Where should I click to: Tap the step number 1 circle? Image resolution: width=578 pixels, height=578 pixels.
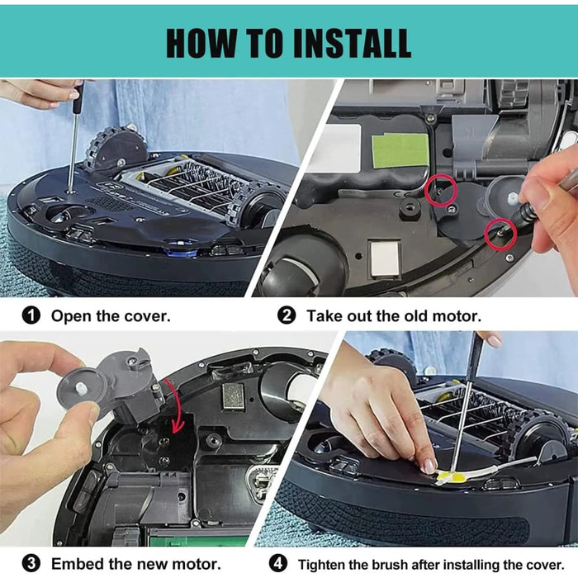[31, 316]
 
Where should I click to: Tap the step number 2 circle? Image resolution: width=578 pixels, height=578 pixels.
[287, 316]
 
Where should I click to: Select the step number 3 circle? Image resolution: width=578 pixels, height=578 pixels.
[31, 564]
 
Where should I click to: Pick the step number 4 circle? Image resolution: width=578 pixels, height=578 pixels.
[277, 564]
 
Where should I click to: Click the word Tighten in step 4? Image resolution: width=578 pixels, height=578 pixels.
[321, 565]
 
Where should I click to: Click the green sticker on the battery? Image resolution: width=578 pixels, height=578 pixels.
[400, 151]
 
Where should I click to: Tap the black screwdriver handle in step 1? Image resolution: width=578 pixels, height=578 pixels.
[78, 97]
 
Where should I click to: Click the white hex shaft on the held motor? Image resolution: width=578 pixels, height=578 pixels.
[80, 387]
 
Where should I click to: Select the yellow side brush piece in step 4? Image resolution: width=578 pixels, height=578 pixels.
[451, 478]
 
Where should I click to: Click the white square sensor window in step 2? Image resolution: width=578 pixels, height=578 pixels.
[385, 258]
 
